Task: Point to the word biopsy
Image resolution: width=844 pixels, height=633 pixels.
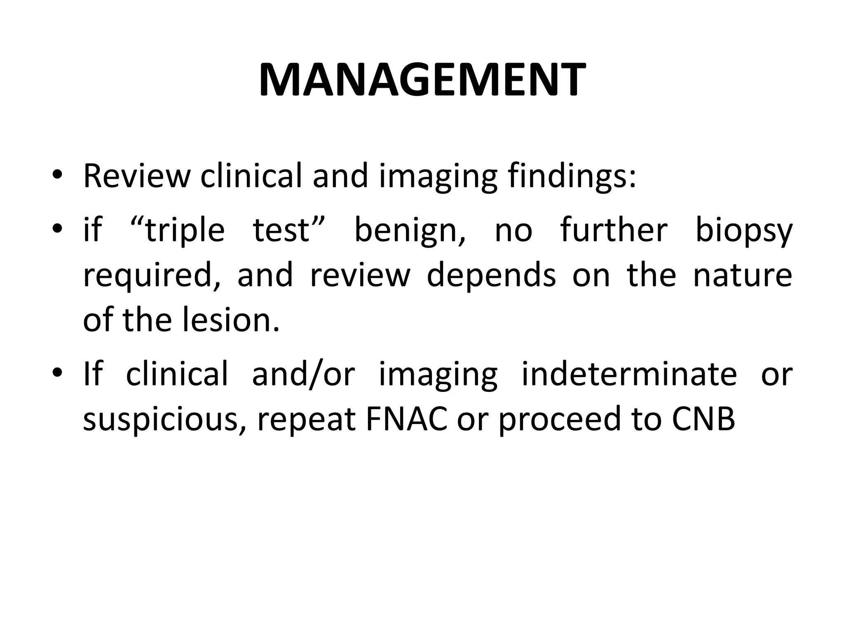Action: click(744, 231)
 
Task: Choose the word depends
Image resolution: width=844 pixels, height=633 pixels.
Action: click(491, 276)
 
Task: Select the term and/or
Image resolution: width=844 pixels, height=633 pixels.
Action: click(303, 374)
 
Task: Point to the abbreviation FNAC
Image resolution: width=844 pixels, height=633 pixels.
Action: click(406, 420)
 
